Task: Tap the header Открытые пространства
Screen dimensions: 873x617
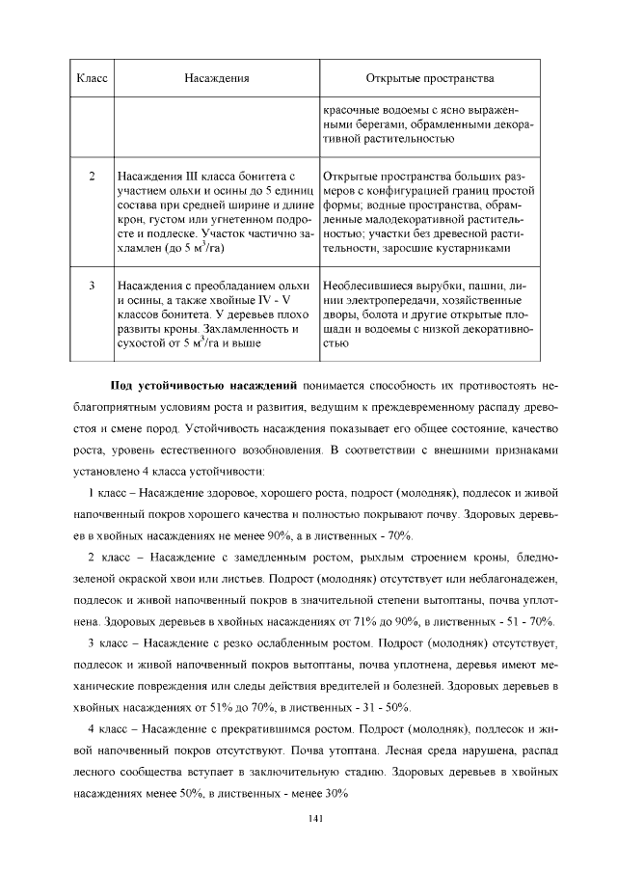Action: [430, 77]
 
